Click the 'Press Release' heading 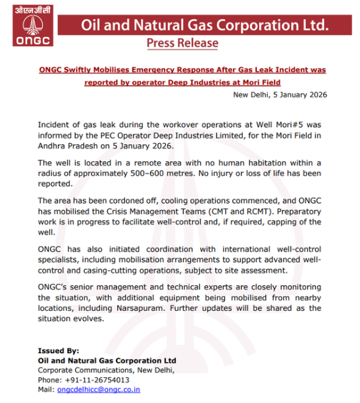point(182,43)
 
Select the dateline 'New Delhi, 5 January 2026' point(280,95)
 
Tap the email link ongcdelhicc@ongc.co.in point(98,389)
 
